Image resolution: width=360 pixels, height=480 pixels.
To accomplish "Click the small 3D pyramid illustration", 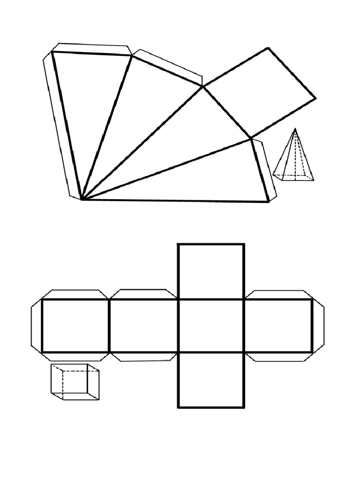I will point(294,159).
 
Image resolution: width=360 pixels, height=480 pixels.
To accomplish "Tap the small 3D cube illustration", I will point(75,382).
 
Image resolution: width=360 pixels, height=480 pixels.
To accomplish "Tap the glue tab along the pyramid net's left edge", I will point(59,127).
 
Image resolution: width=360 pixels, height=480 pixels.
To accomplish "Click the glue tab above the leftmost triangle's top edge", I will point(91,49).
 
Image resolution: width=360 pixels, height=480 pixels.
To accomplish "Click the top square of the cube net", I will point(211,271).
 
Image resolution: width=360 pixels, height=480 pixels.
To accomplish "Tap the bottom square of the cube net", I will point(211,380).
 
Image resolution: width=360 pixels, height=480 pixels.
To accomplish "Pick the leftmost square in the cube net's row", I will point(75,326).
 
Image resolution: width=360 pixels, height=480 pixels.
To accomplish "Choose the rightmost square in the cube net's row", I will point(278,326).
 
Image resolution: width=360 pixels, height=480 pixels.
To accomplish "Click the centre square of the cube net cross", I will point(211,326).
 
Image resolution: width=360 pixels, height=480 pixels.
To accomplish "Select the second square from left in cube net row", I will point(143,326).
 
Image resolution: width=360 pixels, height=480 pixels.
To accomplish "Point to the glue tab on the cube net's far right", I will point(318,326).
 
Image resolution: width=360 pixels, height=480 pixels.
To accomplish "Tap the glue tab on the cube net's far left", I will point(37,326).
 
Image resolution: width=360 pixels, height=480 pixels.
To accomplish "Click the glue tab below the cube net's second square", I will point(143,357).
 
